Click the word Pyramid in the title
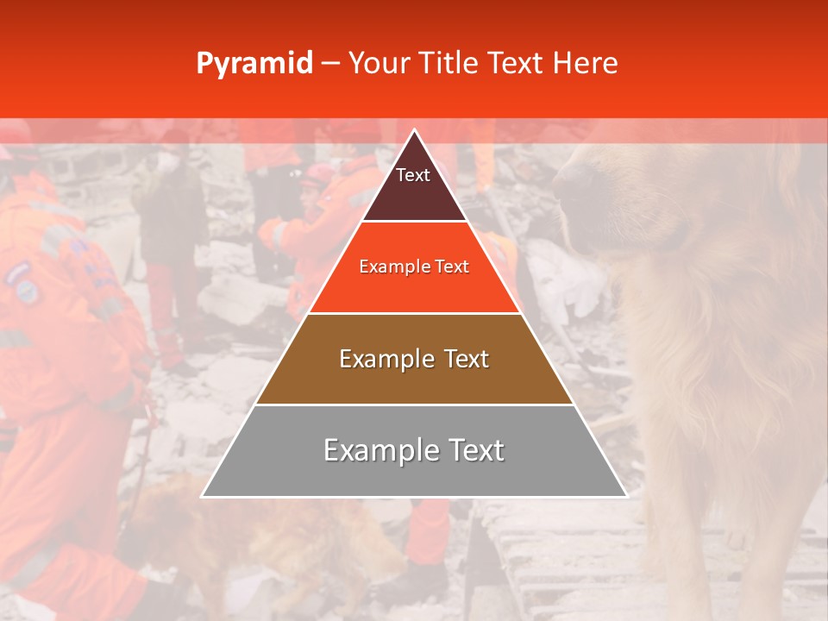point(254,64)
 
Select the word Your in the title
point(380,64)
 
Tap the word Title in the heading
point(451,64)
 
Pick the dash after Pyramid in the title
point(329,65)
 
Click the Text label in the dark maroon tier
point(413,175)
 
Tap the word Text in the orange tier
point(452,267)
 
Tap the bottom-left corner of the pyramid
point(202,497)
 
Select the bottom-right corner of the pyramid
point(627,497)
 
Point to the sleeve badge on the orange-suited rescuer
point(26,285)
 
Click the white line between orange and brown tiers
point(415,313)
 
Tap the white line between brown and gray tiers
point(415,405)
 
